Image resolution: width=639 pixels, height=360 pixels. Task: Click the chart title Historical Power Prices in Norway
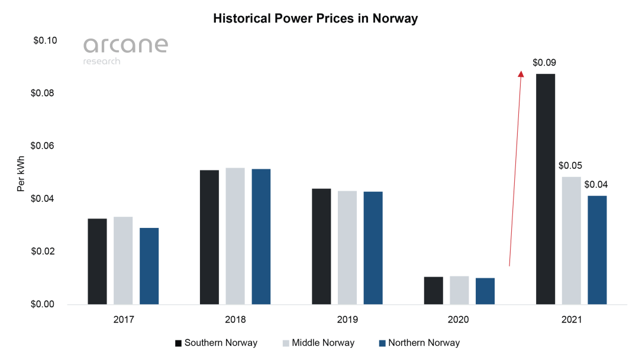(315, 18)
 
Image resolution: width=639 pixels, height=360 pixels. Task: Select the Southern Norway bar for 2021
(546, 189)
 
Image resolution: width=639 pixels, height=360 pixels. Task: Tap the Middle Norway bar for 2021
(571, 240)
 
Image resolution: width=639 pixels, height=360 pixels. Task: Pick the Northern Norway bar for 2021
(597, 250)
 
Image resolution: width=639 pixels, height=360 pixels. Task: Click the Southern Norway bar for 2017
(98, 262)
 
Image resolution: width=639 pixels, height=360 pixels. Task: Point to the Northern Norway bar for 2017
(149, 266)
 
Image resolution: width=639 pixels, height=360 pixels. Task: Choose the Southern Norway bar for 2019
(321, 246)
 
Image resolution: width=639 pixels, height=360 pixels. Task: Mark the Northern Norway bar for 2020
(485, 291)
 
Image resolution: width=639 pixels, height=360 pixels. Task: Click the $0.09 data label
(544, 62)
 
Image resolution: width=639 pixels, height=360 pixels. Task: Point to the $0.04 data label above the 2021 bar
(596, 184)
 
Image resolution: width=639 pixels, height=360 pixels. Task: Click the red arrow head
(521, 73)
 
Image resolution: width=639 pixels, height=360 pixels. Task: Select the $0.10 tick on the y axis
(45, 41)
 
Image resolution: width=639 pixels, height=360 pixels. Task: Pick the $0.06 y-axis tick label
(45, 146)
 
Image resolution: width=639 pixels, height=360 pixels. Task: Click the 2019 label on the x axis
(347, 320)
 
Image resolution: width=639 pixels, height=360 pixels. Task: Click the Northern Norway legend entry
(418, 343)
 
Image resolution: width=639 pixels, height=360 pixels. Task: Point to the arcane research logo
(125, 50)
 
